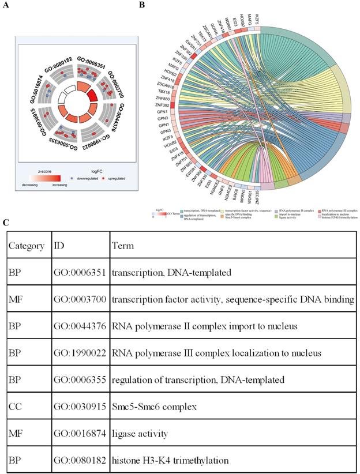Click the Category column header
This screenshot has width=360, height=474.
point(26,245)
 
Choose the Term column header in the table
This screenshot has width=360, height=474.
point(122,245)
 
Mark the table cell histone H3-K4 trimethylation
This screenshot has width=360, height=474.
point(172,461)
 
